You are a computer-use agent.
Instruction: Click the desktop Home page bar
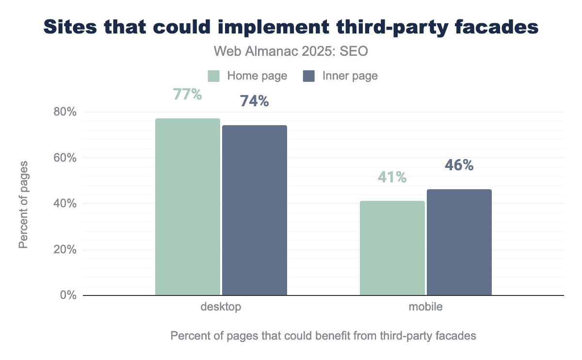tap(188, 207)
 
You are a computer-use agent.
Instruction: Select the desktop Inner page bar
tap(255, 210)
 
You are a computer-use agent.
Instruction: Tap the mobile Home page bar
tap(392, 248)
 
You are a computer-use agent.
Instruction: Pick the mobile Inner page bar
tap(459, 242)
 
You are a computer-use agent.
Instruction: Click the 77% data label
tap(187, 94)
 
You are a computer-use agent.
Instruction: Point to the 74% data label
tap(254, 101)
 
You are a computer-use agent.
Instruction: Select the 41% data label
tap(392, 177)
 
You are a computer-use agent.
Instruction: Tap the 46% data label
tap(459, 165)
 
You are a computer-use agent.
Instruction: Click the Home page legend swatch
tap(214, 76)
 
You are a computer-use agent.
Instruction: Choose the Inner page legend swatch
tap(309, 76)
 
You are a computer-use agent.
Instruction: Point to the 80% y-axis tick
tap(65, 112)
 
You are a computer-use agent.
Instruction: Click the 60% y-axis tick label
tap(65, 158)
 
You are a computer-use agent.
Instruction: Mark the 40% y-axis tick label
tap(65, 204)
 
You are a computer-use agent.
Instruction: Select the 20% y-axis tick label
tap(65, 249)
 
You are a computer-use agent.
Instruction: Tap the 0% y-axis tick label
tap(68, 295)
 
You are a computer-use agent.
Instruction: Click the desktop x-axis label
tap(221, 307)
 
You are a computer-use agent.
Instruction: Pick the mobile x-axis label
tap(425, 307)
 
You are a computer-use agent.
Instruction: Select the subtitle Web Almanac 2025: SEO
tap(291, 51)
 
